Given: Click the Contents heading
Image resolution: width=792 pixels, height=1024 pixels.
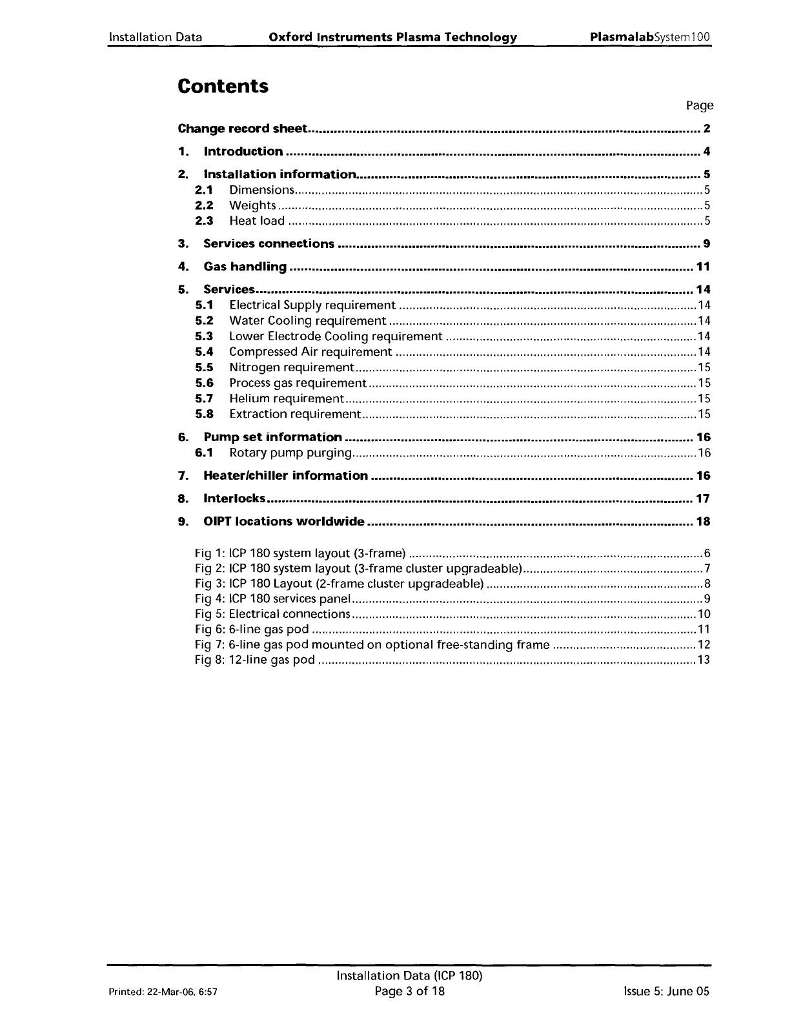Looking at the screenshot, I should pyautogui.click(x=223, y=86).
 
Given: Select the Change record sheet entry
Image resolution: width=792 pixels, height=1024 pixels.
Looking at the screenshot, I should pyautogui.click(x=242, y=128).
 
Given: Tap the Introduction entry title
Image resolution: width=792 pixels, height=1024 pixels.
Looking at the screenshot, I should pyautogui.click(x=243, y=152).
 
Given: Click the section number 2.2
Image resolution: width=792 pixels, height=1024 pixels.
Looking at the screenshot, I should pyautogui.click(x=204, y=205).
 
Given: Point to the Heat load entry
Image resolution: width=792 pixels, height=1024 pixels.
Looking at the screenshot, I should pyautogui.click(x=257, y=221).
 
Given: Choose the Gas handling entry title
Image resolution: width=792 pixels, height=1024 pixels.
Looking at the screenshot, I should pyautogui.click(x=245, y=267).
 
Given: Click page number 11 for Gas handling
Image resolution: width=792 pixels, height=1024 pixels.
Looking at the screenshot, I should pyautogui.click(x=703, y=267).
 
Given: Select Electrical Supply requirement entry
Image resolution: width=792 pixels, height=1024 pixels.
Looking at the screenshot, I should pyautogui.click(x=312, y=305).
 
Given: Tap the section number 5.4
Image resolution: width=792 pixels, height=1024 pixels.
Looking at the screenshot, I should pyautogui.click(x=204, y=352).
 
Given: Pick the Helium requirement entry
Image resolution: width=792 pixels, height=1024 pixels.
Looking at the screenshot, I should pyautogui.click(x=286, y=398).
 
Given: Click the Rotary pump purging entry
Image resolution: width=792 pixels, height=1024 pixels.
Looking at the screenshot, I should pyautogui.click(x=290, y=453).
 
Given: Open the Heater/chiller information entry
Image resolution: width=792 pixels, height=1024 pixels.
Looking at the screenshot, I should pyautogui.click(x=285, y=476).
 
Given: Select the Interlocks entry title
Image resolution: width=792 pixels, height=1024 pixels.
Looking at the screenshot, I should pyautogui.click(x=234, y=498).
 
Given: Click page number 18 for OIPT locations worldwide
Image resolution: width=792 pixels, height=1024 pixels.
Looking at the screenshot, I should pyautogui.click(x=703, y=521).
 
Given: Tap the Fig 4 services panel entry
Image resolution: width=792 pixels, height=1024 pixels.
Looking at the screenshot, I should pyautogui.click(x=272, y=599).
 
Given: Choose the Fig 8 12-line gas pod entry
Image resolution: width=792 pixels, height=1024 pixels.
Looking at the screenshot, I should pyautogui.click(x=255, y=660).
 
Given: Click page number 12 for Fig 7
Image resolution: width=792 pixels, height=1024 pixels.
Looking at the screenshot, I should pyautogui.click(x=704, y=644).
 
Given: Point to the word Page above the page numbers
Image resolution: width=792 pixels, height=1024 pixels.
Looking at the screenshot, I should pyautogui.click(x=700, y=105).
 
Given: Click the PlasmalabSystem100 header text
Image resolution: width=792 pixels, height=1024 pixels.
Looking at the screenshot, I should pyautogui.click(x=650, y=37).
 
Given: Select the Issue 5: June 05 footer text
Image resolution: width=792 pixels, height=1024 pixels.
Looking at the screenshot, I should pyautogui.click(x=663, y=991).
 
